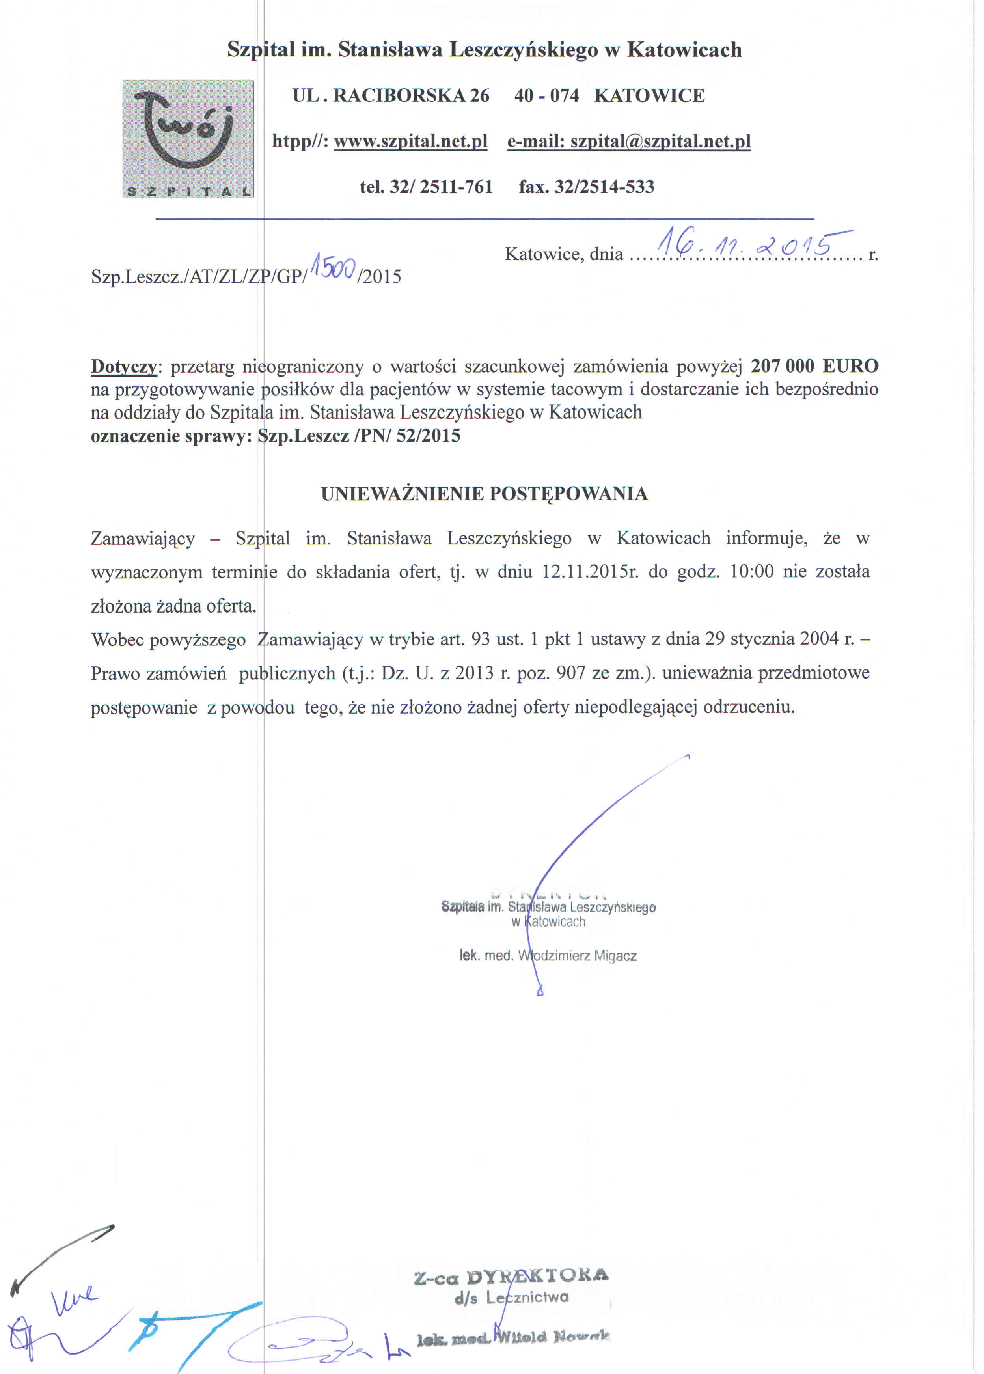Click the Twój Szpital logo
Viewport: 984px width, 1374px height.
point(188,139)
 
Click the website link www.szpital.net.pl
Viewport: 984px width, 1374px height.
point(411,141)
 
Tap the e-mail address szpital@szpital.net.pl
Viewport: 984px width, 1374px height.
point(629,141)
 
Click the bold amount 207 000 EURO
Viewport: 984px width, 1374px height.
point(814,366)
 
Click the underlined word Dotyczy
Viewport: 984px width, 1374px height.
point(124,366)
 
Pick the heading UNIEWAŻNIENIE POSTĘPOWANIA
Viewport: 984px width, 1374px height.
point(484,494)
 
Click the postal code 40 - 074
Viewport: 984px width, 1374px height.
point(546,96)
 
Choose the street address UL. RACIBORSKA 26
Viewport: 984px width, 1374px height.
point(391,96)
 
